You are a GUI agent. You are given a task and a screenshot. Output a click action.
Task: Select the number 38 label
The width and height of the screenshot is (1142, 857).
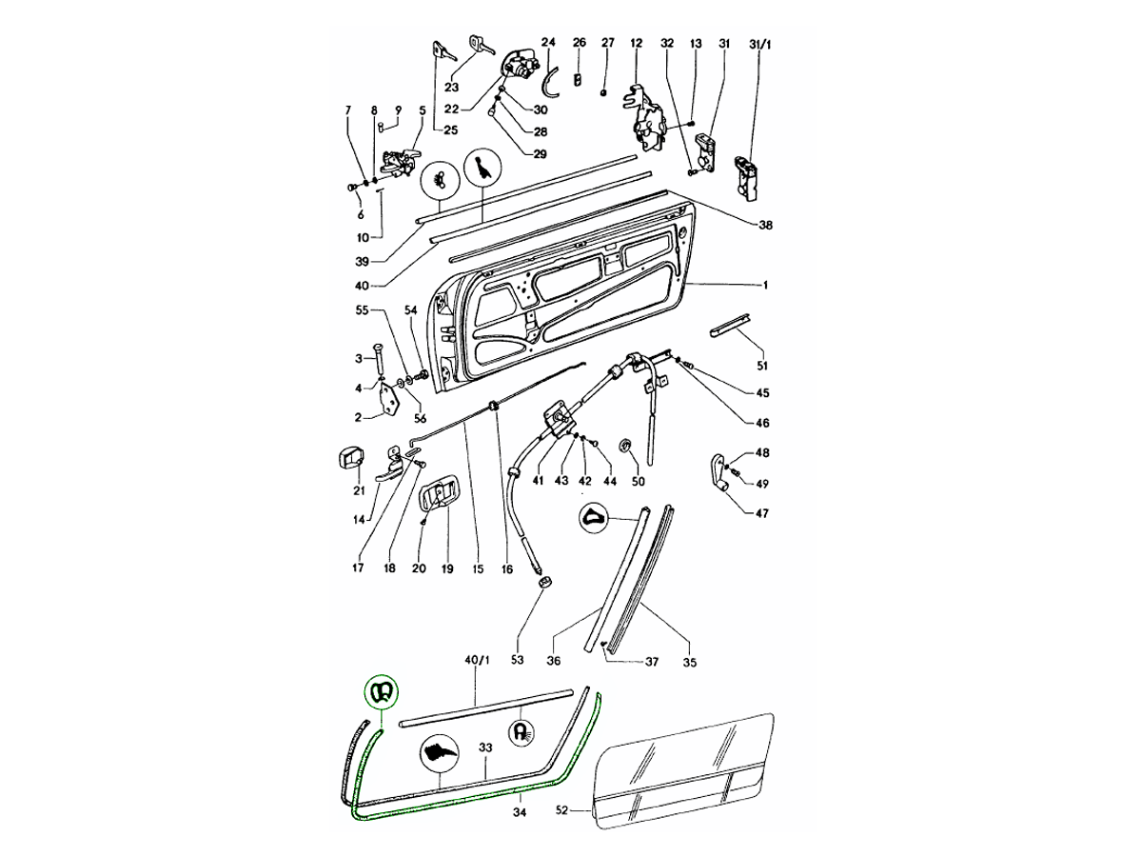[765, 226]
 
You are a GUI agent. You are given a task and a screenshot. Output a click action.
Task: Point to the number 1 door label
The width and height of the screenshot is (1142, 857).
[764, 285]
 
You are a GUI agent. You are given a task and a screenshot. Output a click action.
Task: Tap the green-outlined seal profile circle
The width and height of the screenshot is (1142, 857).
[382, 690]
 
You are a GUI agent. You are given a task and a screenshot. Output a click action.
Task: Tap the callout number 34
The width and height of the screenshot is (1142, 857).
[519, 812]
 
